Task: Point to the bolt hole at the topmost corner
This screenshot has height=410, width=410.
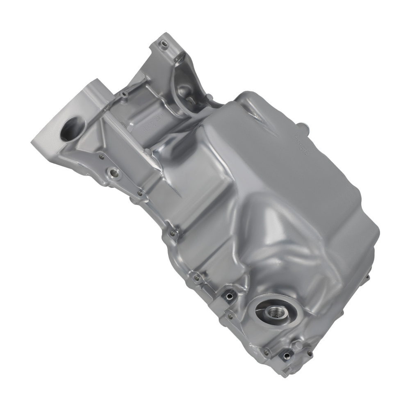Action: coord(164,43)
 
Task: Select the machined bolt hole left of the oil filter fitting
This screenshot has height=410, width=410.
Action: coord(229,294)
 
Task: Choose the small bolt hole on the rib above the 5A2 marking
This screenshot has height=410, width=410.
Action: coord(123,95)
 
